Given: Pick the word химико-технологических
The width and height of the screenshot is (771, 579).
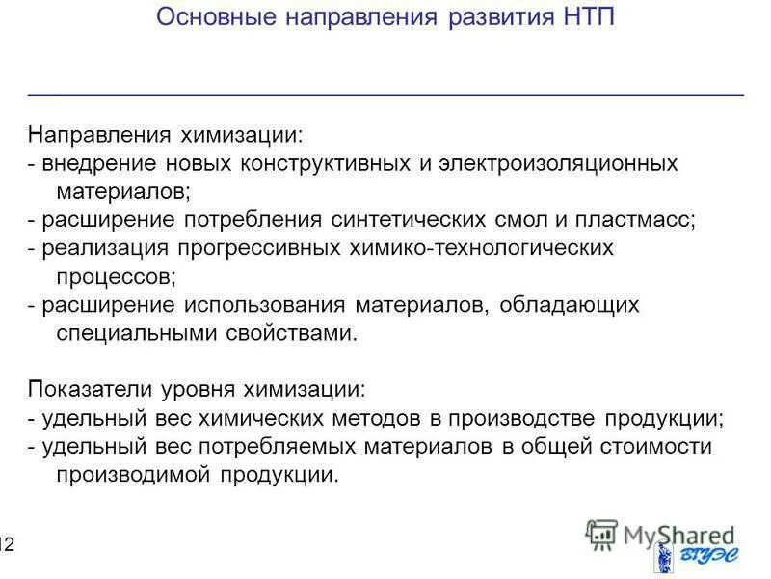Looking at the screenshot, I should [478, 248].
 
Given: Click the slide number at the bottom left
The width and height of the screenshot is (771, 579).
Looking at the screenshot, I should [7, 546].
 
